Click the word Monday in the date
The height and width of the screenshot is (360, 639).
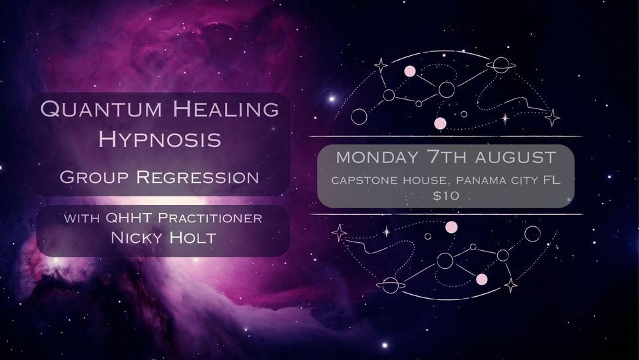click(x=374, y=158)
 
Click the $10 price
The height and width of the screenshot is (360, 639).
click(x=446, y=196)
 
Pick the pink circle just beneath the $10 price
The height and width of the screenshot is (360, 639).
click(x=451, y=228)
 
